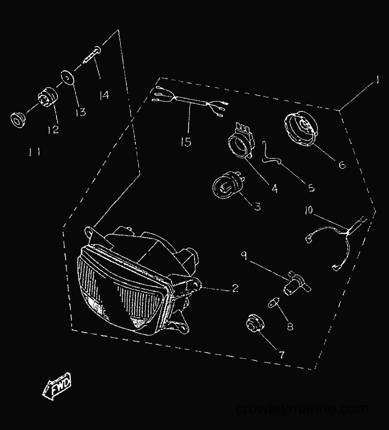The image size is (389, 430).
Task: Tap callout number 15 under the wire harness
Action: point(186,142)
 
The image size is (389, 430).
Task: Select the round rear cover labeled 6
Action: point(301,128)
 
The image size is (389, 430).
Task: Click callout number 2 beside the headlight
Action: point(235,288)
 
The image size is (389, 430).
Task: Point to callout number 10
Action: point(309,210)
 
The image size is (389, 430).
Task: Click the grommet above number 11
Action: point(19,120)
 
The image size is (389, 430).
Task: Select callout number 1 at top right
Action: point(377,80)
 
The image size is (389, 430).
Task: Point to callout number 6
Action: point(342,165)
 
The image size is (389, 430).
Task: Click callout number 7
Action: point(281,355)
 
